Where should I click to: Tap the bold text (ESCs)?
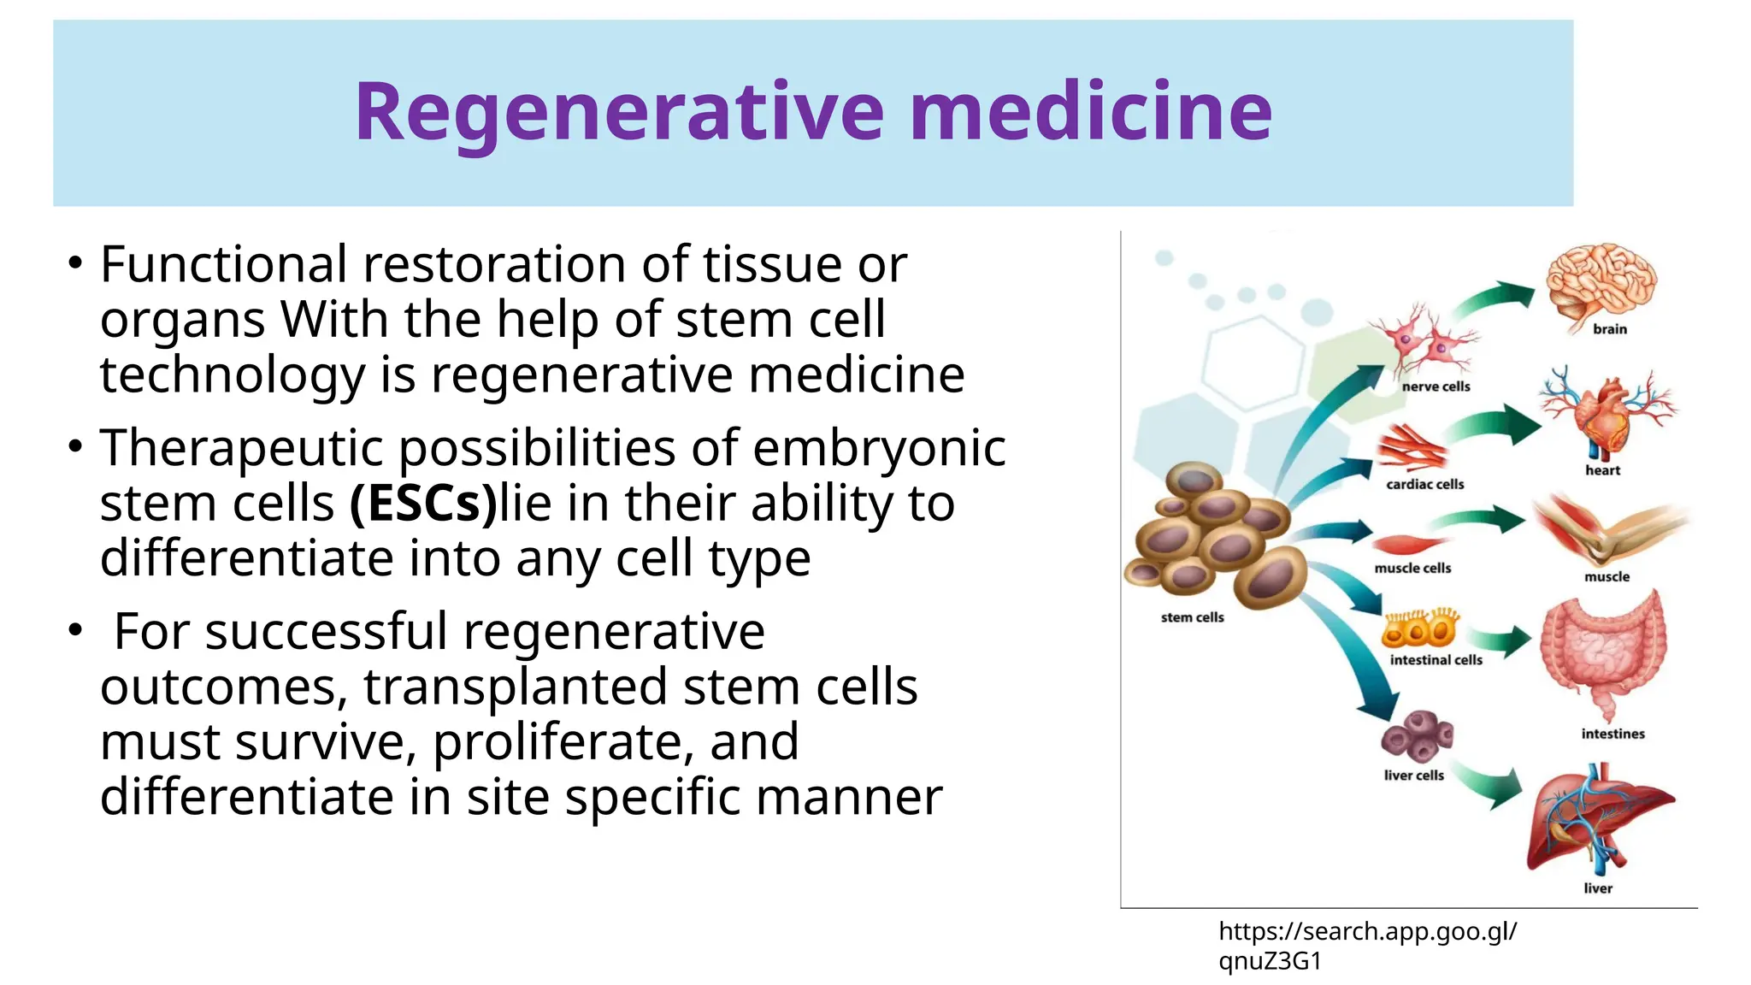click(423, 504)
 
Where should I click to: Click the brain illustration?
click(1601, 283)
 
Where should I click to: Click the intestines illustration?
click(1601, 653)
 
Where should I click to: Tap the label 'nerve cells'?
click(1436, 386)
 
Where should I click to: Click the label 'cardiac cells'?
click(1424, 485)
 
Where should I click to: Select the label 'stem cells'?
click(1192, 617)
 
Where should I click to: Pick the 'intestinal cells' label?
click(1436, 660)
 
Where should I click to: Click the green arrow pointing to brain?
click(1496, 299)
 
